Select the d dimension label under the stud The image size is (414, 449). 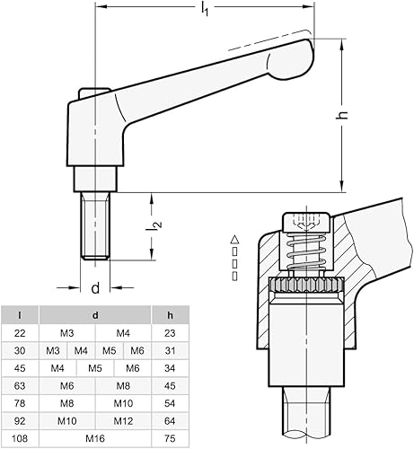(93, 289)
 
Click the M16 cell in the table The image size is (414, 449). (96, 437)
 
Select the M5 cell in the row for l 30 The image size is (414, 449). (110, 350)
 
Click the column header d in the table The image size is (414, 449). (95, 315)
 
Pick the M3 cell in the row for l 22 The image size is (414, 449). (67, 333)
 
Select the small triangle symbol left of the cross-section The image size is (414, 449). (233, 240)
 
